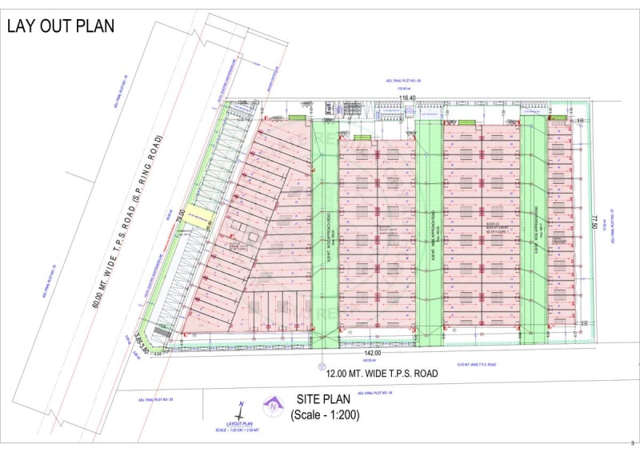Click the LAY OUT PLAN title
tap(61, 26)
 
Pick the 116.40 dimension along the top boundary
tap(407, 98)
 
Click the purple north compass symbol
tap(274, 406)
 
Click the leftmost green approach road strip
tap(325, 232)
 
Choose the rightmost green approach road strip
tap(532, 228)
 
